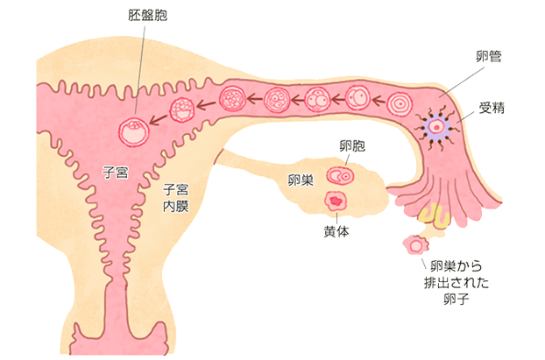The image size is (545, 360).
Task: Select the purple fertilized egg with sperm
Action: coord(435,128)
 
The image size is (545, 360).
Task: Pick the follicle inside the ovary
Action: coord(339,175)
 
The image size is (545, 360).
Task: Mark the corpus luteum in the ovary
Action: coord(336,202)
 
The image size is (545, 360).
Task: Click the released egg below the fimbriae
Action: coord(412,244)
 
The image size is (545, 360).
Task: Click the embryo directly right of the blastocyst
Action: coord(182,110)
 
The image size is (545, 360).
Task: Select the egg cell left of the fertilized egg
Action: coord(398,103)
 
